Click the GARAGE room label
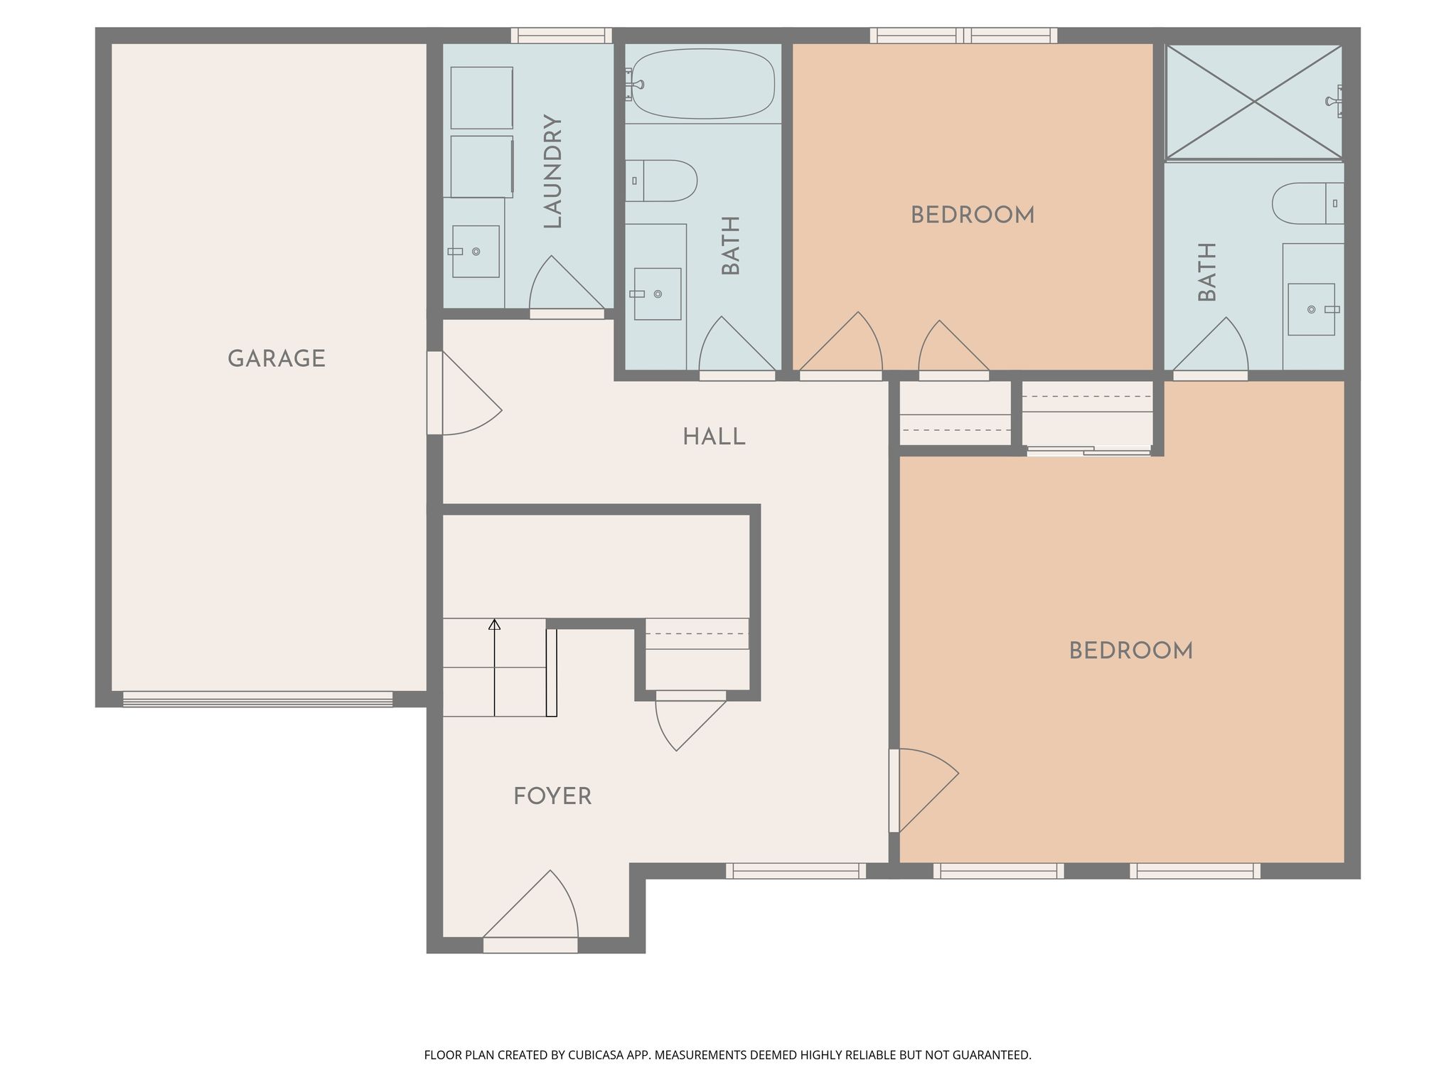coord(277,359)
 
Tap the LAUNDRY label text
coord(552,171)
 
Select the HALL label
coord(714,437)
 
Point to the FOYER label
coord(552,796)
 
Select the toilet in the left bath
coord(660,181)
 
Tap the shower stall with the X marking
coord(1254,102)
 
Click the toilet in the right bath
coord(1308,203)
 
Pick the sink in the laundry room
coord(475,252)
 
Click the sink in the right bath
coord(1312,309)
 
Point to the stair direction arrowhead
coord(494,625)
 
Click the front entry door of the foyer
coord(530,911)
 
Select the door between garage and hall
coord(464,393)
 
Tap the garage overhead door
coord(257,700)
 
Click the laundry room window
coord(562,35)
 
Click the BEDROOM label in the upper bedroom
coord(973,215)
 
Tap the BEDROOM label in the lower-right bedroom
coord(1131,651)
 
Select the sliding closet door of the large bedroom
coord(1088,450)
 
